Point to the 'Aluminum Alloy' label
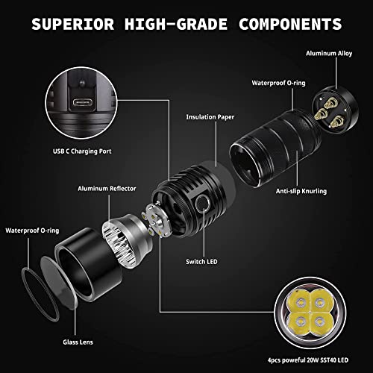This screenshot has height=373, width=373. (x=330, y=54)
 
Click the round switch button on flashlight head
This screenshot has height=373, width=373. (x=202, y=207)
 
